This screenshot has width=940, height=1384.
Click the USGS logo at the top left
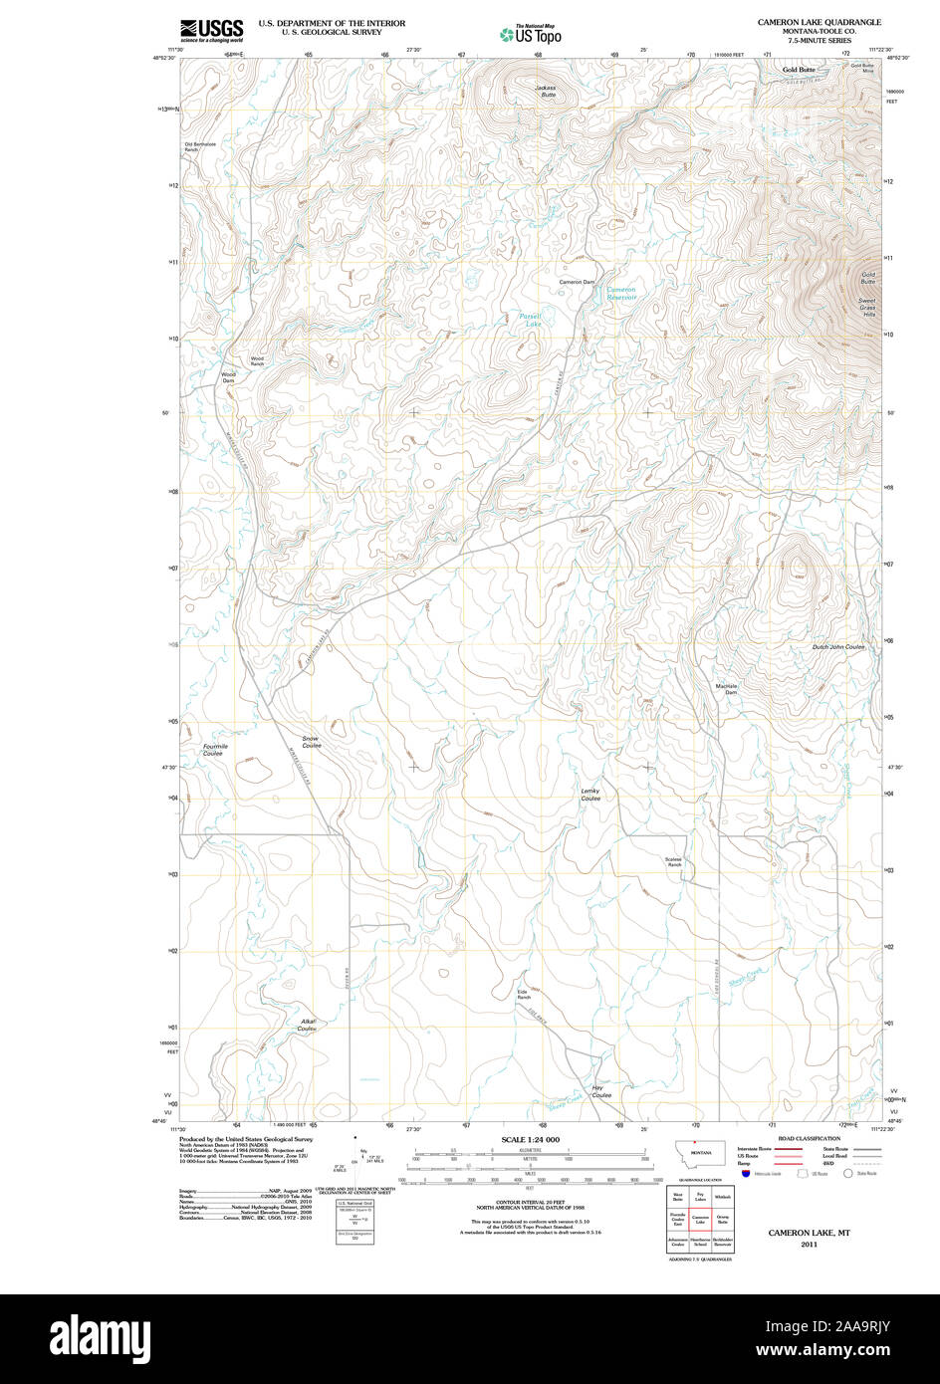tap(211, 30)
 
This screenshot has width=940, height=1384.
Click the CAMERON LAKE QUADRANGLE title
tap(819, 21)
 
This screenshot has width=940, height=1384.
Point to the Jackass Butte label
tap(545, 90)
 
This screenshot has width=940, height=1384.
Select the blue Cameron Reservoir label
tap(621, 293)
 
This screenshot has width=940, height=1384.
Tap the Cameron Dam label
tap(576, 282)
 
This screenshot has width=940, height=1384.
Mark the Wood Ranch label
tap(257, 361)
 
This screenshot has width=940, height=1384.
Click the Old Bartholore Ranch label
tap(199, 146)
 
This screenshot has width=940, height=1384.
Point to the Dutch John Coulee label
tap(837, 647)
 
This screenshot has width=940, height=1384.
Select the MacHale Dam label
tap(726, 688)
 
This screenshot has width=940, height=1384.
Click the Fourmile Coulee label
tap(215, 750)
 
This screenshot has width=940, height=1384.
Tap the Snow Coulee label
tap(312, 742)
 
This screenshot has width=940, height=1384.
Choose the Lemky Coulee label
tap(590, 795)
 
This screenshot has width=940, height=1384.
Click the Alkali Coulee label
tap(307, 1025)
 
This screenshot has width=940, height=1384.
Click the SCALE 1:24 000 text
tap(530, 1139)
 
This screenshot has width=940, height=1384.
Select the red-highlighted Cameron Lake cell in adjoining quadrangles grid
tap(700, 1220)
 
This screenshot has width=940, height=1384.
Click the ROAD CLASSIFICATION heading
tap(809, 1137)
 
